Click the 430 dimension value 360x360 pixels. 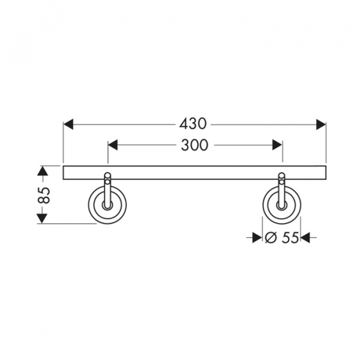click(193, 124)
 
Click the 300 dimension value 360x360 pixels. click(194, 145)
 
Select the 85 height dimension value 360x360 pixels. click(43, 195)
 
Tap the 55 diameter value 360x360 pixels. click(290, 237)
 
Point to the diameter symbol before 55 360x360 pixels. click(270, 237)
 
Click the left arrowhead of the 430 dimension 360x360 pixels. click(68, 124)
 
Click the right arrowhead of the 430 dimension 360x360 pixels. click(321, 124)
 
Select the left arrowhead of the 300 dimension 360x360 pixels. click(113, 145)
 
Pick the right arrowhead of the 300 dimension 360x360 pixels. click(277, 145)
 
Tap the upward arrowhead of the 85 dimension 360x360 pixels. click(42, 170)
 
